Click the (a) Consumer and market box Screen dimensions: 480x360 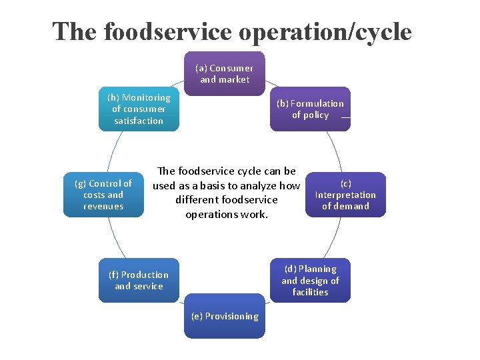pos(225,73)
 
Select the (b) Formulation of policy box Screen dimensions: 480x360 pos(310,109)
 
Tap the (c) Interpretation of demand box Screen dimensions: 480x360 pos(345,195)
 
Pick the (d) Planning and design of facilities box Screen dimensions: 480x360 pos(310,280)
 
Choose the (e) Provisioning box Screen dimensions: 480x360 pos(225,316)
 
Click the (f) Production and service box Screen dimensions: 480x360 pos(139,280)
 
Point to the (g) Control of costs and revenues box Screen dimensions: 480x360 pos(103,195)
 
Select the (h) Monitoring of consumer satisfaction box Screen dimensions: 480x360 pos(139,109)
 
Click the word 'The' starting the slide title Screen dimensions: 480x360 pos(74,31)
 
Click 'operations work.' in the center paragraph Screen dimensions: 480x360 pos(227,215)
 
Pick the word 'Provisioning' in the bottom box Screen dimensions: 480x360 pos(231,316)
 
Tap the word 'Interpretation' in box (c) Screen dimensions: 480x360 pos(345,195)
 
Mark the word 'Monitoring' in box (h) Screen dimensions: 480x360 pos(146,97)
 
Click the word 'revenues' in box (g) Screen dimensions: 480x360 pos(103,206)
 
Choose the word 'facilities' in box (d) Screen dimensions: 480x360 pos(310,292)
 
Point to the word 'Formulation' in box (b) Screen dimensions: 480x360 pos(317,103)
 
